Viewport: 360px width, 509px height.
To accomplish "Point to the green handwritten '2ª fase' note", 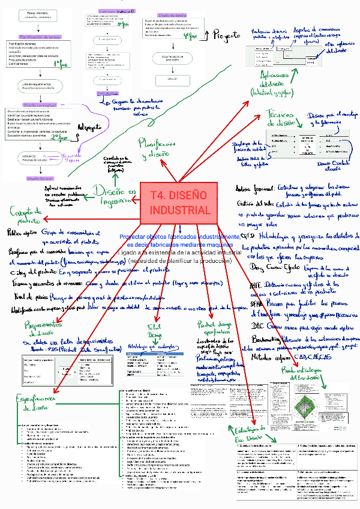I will [x=61, y=137].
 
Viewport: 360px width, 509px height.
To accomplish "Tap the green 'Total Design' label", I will [x=154, y=331].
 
